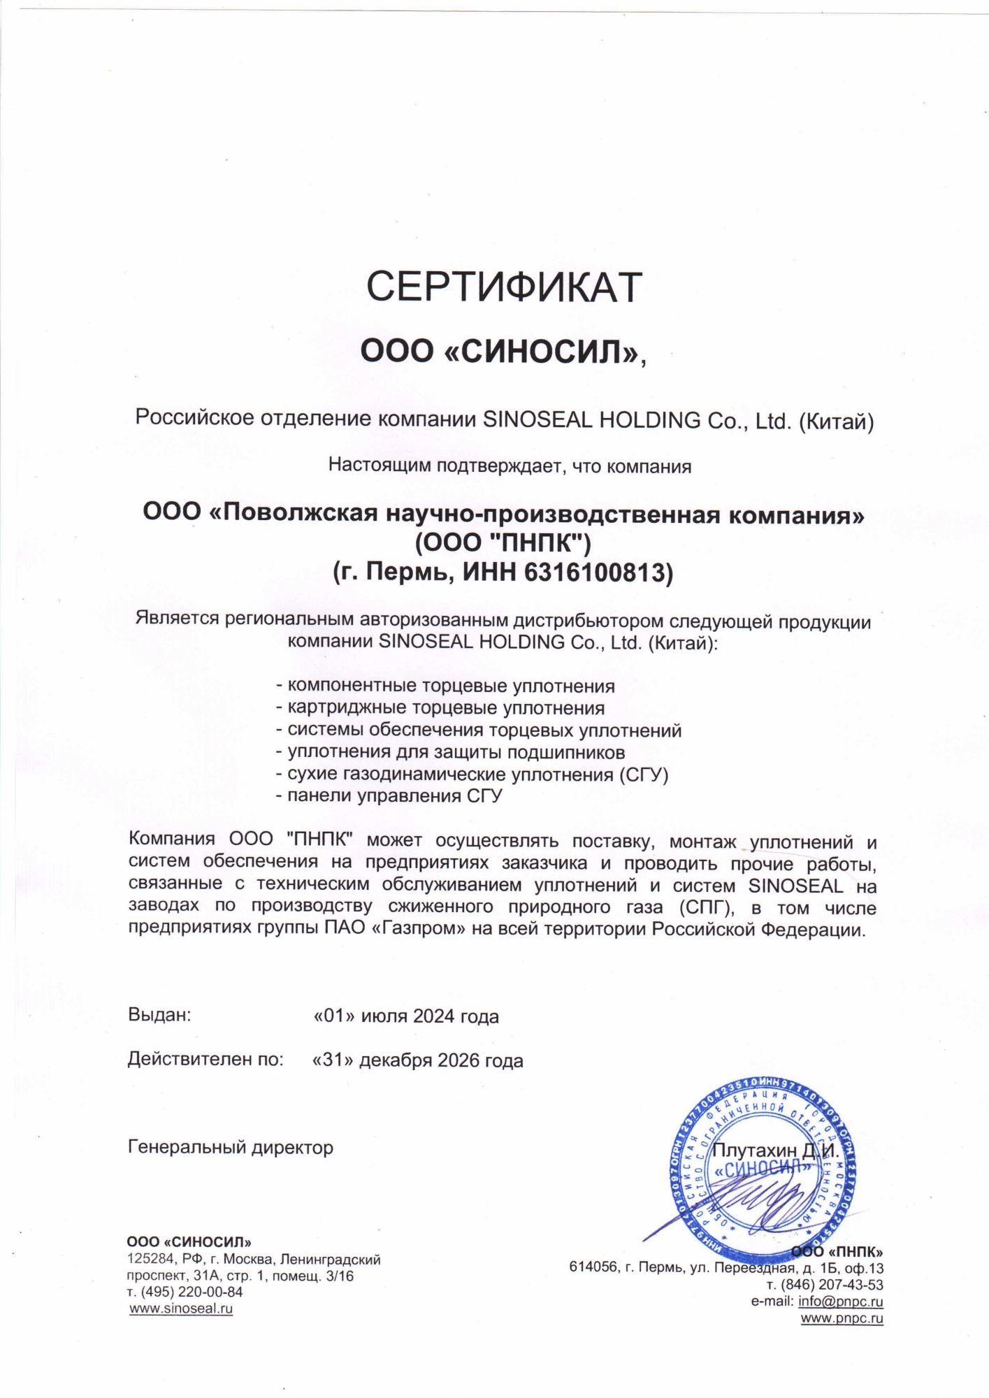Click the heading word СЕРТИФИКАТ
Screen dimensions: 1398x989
click(x=504, y=287)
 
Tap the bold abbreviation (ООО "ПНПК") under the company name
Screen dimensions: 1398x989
click(x=503, y=543)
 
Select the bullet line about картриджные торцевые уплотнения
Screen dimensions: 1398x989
click(x=440, y=708)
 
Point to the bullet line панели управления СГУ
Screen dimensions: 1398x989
click(x=389, y=795)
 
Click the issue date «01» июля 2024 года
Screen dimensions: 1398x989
click(x=406, y=1016)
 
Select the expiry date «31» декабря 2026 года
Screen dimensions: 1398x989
click(x=418, y=1060)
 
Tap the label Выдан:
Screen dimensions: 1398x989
click(x=159, y=1015)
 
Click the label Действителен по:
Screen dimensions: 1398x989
click(x=205, y=1060)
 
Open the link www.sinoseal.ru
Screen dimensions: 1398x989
click(x=182, y=1309)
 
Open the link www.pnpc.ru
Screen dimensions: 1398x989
click(x=842, y=1319)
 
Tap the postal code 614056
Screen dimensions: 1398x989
click(x=593, y=1268)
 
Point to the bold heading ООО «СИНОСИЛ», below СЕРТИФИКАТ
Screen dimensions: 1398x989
click(x=503, y=352)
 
